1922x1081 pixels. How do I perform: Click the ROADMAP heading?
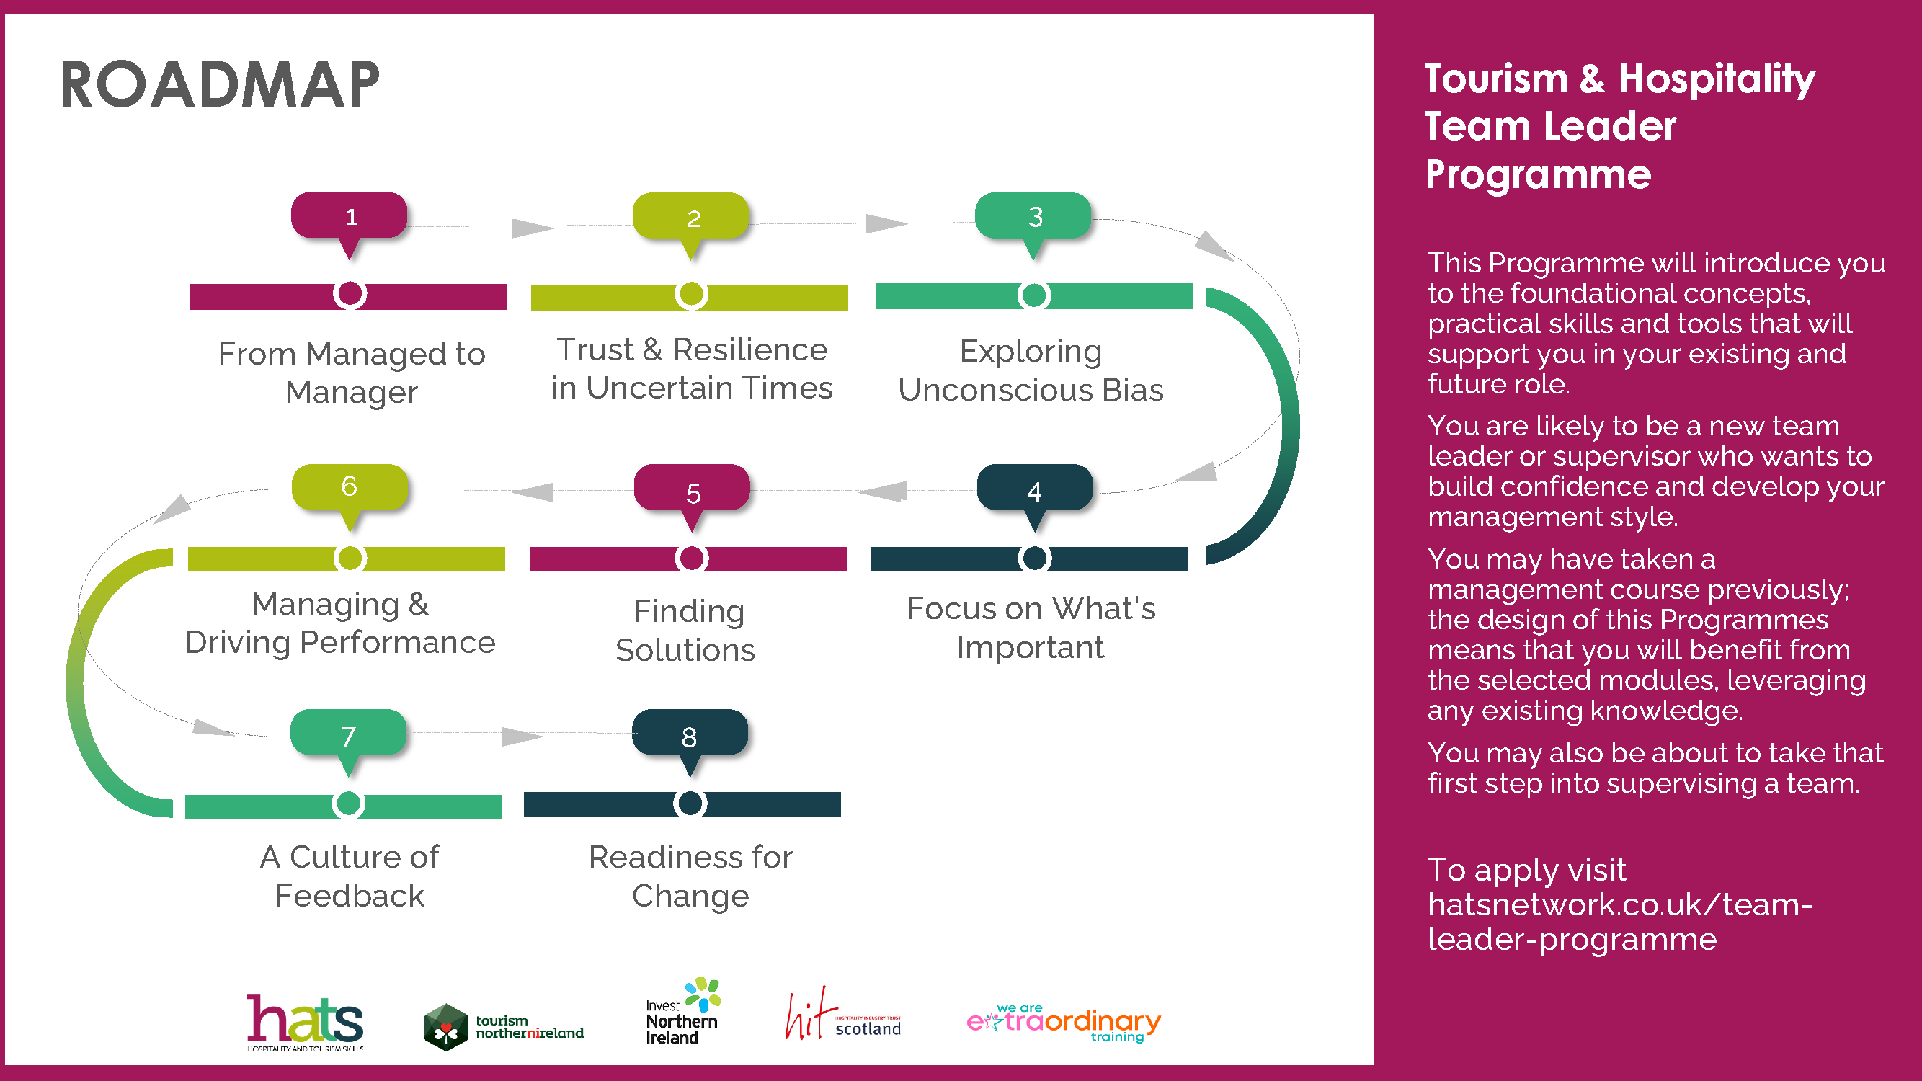pyautogui.click(x=219, y=85)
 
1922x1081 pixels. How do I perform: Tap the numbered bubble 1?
pyautogui.click(x=350, y=216)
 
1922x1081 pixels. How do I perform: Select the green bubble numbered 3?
pyautogui.click(x=1033, y=216)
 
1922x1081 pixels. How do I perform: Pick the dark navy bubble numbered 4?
pyautogui.click(x=1034, y=489)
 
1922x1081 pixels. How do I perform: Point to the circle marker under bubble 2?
pyautogui.click(x=692, y=295)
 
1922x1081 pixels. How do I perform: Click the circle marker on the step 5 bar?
pyautogui.click(x=692, y=558)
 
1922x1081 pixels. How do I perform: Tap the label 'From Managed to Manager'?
pyautogui.click(x=352, y=373)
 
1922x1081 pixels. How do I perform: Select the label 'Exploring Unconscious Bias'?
pyautogui.click(x=1031, y=370)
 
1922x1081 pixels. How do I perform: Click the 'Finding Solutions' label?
pyautogui.click(x=686, y=631)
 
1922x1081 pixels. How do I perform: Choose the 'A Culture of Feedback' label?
pyautogui.click(x=350, y=876)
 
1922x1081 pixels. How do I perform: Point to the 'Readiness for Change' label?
pyautogui.click(x=690, y=876)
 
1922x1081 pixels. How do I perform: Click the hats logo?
pyautogui.click(x=305, y=1020)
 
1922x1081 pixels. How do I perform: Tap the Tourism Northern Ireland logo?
pyautogui.click(x=504, y=1026)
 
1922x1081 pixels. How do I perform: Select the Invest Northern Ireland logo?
pyautogui.click(x=682, y=1013)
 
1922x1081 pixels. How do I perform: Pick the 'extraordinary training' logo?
pyautogui.click(x=1063, y=1022)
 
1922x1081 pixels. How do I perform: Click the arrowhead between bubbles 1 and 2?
pyautogui.click(x=531, y=228)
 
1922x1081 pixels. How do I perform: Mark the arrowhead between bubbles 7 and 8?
pyautogui.click(x=520, y=737)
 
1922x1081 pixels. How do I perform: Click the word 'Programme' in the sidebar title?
pyautogui.click(x=1538, y=174)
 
